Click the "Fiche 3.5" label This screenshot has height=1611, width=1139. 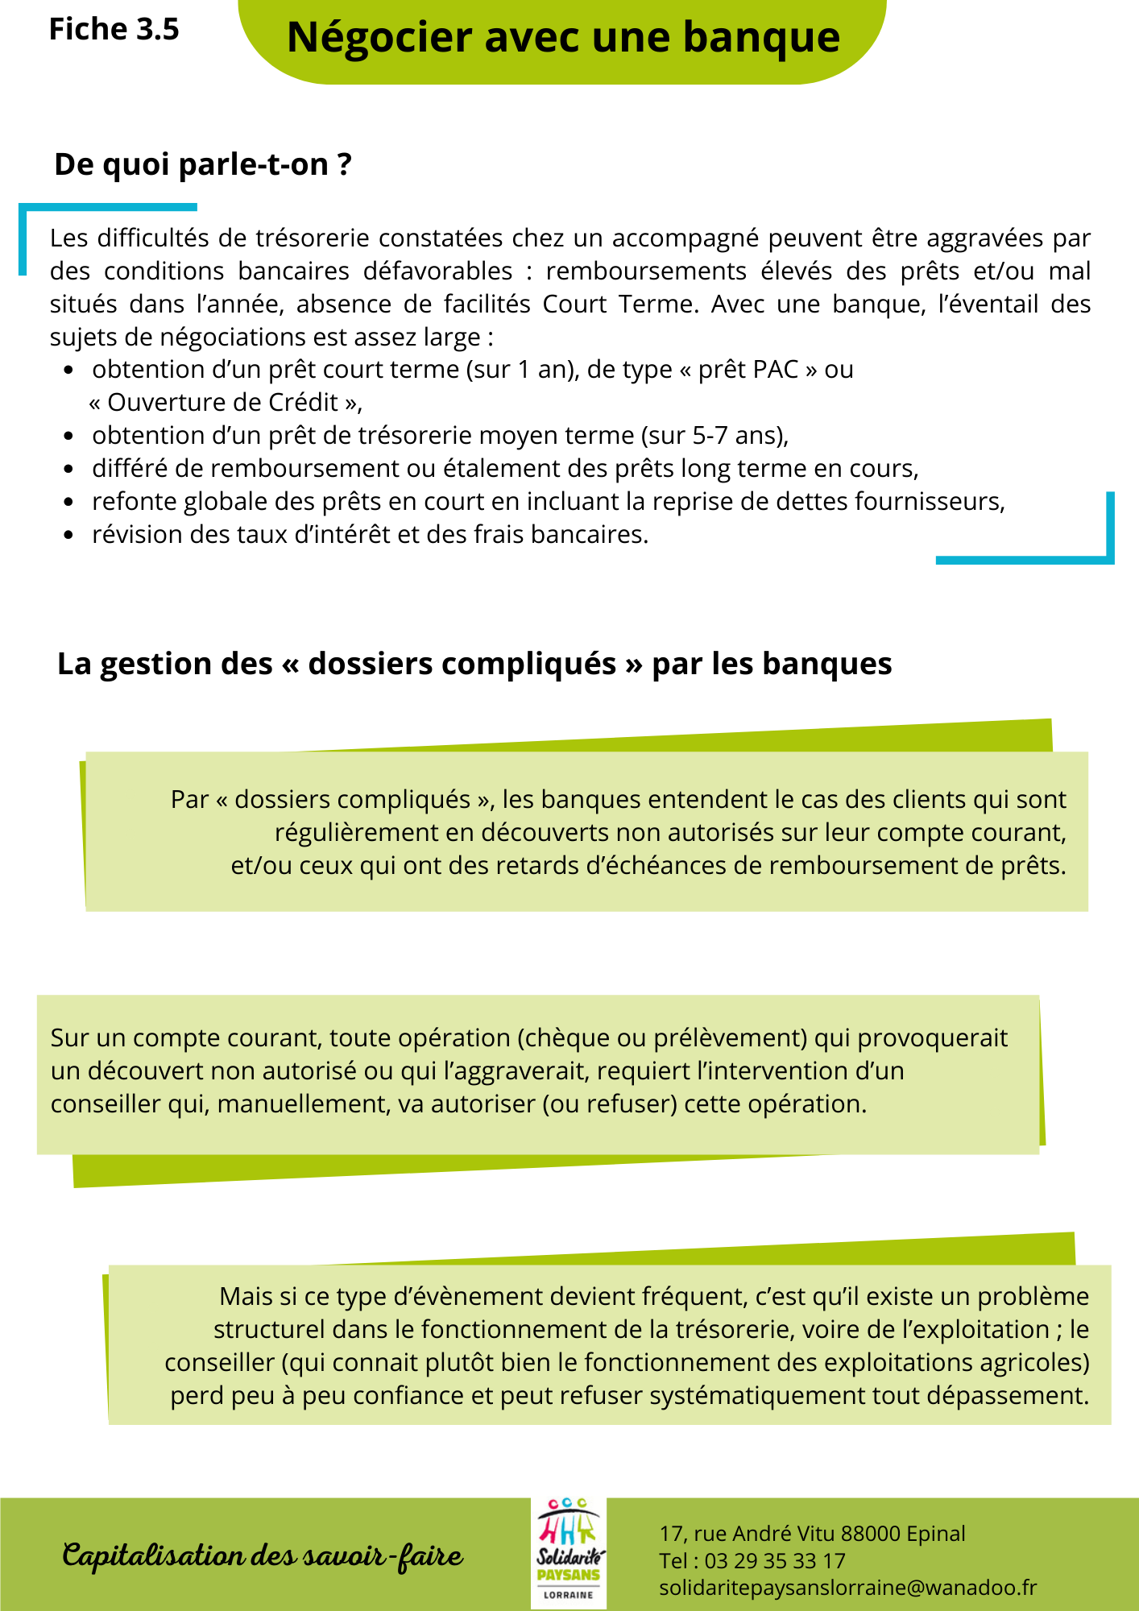click(x=114, y=29)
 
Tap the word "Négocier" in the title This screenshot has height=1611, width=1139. click(x=379, y=38)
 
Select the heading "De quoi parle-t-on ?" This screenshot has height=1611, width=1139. click(x=202, y=164)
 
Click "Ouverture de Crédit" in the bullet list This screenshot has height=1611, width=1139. click(x=222, y=403)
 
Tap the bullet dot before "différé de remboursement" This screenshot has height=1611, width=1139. click(x=69, y=469)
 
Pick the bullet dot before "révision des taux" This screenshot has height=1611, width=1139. click(x=69, y=535)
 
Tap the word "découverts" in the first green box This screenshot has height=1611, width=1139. click(x=548, y=833)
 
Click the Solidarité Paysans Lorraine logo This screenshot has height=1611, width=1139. click(x=568, y=1554)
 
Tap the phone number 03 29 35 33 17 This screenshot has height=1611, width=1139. click(x=774, y=1561)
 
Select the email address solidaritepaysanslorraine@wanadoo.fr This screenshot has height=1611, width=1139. click(x=847, y=1588)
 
